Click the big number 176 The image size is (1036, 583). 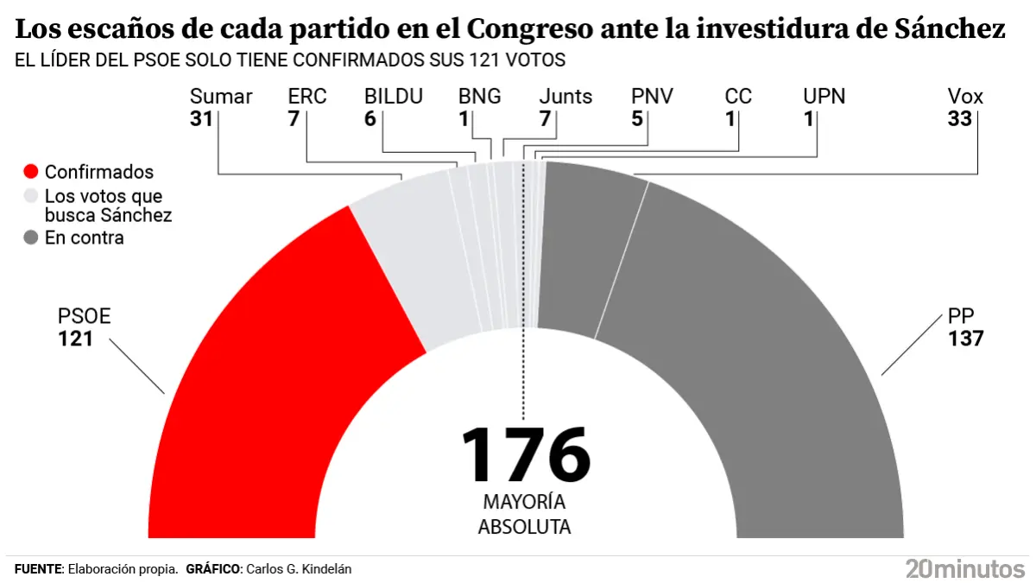point(525,455)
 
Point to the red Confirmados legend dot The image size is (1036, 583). point(31,172)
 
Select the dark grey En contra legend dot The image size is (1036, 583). point(31,238)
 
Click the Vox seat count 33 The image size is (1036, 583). point(960,119)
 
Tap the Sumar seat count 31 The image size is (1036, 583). point(201,119)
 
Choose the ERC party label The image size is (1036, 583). point(307,96)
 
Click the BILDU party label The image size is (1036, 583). point(394,96)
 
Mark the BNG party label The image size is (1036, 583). point(479,96)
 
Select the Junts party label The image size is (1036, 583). point(565,96)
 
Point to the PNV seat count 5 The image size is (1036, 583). point(637,119)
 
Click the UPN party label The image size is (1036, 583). point(824,96)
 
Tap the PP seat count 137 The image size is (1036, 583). point(965,339)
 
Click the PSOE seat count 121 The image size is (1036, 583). point(75,339)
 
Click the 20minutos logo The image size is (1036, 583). point(964,568)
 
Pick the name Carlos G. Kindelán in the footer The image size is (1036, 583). point(299,569)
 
